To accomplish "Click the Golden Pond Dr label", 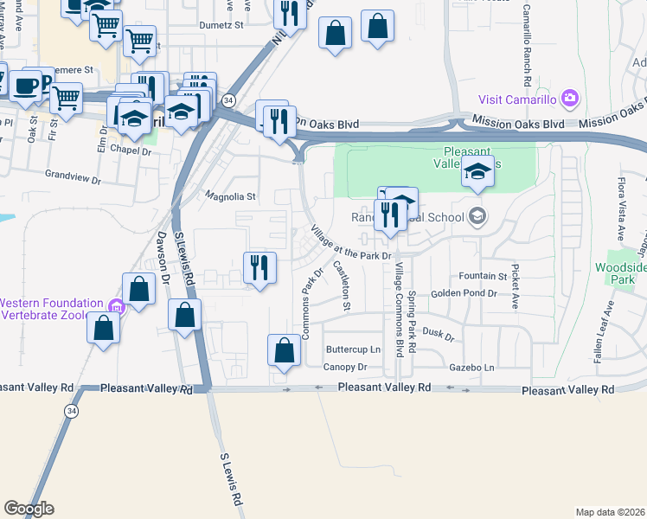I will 464,293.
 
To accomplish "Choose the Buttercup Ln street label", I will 353,349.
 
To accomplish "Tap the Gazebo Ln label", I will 471,368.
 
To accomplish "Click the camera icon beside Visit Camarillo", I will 569,97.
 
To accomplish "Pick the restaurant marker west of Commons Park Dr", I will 259,268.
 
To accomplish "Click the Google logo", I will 29,509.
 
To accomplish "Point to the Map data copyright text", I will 611,512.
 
